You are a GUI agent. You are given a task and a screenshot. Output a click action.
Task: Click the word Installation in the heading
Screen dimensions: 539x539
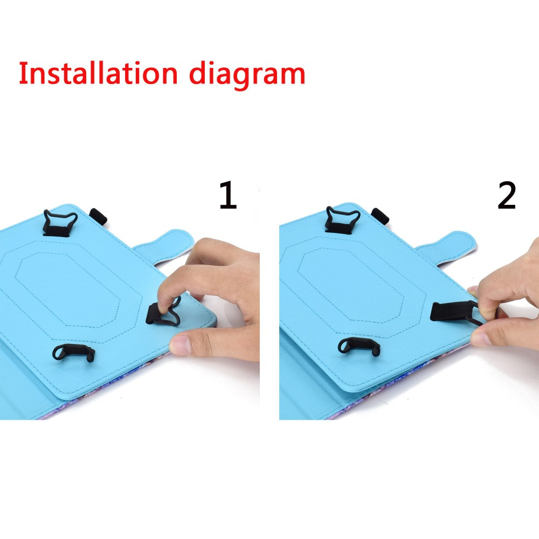pos(98,73)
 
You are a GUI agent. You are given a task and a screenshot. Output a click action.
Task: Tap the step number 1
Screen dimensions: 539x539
pos(228,195)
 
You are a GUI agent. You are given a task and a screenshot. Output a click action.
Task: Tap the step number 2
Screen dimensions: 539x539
pos(507,195)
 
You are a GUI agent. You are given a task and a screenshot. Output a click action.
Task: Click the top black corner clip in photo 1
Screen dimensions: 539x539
pos(59,224)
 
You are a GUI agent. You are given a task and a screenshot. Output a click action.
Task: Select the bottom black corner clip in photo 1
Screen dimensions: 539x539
pos(73,352)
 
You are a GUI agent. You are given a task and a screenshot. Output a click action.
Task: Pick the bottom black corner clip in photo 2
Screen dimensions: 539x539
pos(359,347)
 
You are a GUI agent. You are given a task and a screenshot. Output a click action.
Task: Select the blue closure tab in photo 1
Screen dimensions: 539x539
pos(165,246)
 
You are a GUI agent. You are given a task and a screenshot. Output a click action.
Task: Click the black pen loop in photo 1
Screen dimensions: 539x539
pos(98,217)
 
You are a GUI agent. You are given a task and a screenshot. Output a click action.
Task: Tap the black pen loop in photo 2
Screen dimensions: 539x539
pos(380,216)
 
